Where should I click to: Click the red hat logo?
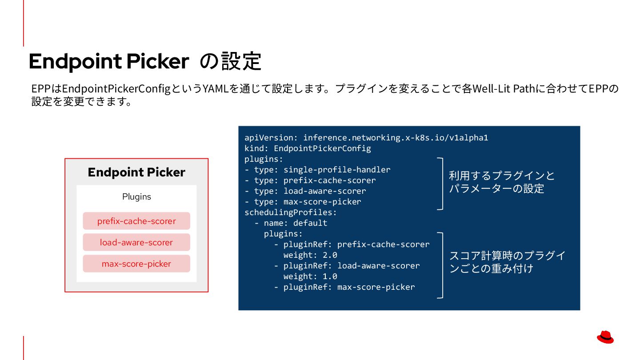605,337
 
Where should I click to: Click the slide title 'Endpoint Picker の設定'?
145,61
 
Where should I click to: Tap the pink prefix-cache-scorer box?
136,221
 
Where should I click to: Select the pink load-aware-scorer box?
136,242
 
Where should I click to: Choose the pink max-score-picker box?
136,264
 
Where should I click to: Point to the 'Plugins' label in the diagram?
136,196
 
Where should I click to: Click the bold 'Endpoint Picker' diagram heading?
136,172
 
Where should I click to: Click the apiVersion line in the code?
366,137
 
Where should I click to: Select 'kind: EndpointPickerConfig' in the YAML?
308,148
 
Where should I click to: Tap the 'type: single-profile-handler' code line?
317,169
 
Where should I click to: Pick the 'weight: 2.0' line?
310,255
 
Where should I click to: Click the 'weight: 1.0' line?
310,276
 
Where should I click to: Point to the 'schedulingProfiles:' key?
291,212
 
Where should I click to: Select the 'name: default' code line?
291,223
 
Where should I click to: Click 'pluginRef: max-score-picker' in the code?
344,287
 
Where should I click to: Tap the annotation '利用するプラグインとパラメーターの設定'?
501,182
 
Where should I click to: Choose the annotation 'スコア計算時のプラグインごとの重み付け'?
507,262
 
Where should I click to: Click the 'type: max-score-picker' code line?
303,201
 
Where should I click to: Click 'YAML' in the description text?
216,88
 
